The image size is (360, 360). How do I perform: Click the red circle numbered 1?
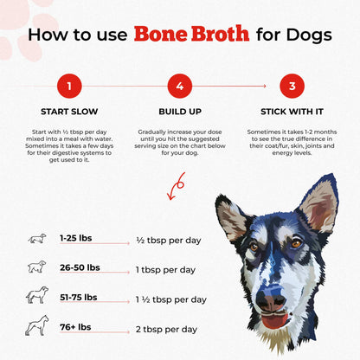[68, 87]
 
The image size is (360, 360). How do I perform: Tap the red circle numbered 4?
[179, 87]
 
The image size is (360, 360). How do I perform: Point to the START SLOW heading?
[68, 112]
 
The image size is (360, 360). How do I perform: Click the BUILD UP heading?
[179, 112]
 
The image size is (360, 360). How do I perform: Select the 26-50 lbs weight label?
[80, 267]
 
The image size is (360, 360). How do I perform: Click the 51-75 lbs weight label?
[79, 297]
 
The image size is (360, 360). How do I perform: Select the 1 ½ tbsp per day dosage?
[172, 299]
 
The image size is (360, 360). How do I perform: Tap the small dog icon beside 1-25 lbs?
[37, 239]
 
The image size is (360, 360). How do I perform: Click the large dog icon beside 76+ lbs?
[37, 327]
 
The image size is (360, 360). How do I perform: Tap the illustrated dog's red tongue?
[275, 322]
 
